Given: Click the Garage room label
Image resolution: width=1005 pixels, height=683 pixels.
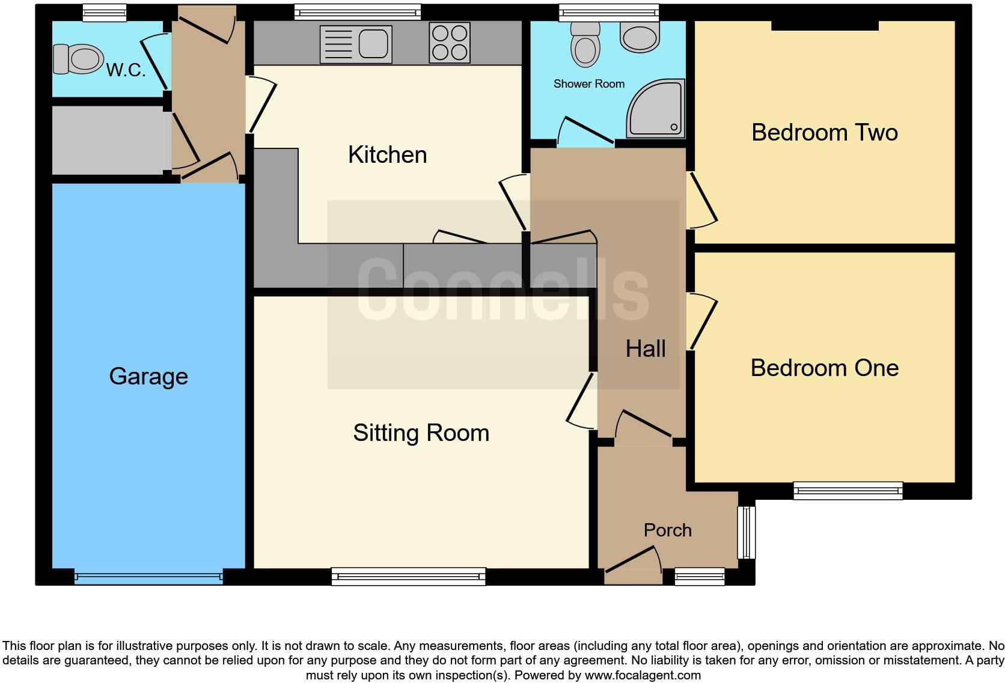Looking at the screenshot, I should pos(148,377).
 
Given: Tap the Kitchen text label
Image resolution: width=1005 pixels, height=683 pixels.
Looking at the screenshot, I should pos(387,155).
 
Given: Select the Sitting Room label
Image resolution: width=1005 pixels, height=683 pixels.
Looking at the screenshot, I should pos(421,433).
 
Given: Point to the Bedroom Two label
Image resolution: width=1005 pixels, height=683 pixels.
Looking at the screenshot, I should pos(824,133).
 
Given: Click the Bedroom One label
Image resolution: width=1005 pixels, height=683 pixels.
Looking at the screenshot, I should pos(824,368).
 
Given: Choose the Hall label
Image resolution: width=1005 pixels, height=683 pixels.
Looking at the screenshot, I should pos(645,349).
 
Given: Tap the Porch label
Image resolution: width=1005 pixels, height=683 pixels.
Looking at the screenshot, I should pos(667,530).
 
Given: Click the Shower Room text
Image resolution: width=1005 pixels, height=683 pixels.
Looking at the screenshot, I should pos(588,84).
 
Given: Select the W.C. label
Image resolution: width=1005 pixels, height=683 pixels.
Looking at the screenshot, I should pos(126,70).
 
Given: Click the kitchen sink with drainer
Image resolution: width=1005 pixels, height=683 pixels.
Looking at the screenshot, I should pos(356,44).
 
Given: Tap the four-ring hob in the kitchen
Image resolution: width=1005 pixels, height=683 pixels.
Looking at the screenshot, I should pos(450,43).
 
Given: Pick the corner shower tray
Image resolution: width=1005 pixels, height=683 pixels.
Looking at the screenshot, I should pos(656,108).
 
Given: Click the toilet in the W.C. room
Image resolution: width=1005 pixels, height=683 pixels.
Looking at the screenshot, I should pos(78,59).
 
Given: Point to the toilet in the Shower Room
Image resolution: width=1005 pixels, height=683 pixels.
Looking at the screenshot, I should pos(585,43).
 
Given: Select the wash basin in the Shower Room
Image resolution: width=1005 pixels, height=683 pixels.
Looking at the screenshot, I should pos(640,37).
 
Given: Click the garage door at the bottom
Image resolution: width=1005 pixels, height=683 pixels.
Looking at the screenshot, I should pos(148,578).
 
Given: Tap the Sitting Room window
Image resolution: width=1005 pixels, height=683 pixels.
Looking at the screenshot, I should pos(408,577).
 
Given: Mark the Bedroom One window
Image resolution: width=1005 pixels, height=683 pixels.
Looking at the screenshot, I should pos(848,491).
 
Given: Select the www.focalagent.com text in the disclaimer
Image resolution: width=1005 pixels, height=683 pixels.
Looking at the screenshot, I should pos(642,675).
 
